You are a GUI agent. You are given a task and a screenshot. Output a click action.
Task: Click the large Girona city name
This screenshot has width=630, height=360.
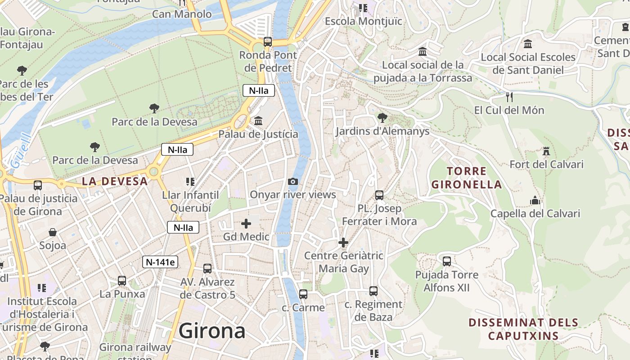point(212,331)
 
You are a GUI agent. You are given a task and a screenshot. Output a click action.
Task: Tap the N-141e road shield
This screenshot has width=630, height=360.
point(160,262)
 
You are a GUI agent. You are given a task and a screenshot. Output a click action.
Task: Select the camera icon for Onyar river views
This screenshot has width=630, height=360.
point(292,181)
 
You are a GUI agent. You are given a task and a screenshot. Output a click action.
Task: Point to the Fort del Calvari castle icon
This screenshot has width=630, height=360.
point(546,151)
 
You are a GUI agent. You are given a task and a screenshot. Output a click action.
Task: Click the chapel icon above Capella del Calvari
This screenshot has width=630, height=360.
point(535,200)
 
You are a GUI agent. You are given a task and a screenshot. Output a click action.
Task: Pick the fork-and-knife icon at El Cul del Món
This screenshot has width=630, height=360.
point(509,97)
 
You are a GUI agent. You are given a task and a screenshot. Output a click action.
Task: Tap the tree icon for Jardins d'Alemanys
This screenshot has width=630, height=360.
point(382,118)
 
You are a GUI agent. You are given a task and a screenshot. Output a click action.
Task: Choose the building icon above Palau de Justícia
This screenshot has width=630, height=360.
point(258,121)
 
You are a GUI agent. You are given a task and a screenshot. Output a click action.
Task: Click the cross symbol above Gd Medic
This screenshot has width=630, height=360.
point(246,223)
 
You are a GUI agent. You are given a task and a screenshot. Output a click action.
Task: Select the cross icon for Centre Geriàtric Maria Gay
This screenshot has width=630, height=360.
point(343,243)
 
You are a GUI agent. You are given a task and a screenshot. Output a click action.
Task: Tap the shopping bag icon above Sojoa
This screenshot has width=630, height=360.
point(53,232)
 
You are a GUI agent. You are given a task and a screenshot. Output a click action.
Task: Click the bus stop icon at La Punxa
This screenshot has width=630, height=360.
point(122,281)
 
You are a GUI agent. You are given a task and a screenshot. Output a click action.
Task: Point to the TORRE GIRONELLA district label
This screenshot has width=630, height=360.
point(466,178)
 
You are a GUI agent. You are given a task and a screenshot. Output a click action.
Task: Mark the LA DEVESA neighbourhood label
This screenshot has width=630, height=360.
point(115,181)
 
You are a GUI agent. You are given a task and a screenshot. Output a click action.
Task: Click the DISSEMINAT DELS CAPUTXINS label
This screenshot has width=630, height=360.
point(523,329)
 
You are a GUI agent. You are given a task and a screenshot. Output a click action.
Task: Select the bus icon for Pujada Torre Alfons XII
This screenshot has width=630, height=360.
point(447,261)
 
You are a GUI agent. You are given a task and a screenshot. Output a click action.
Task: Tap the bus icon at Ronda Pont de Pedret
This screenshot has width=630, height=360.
point(268,42)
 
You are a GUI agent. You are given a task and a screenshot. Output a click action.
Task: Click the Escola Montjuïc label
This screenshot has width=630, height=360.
point(363,21)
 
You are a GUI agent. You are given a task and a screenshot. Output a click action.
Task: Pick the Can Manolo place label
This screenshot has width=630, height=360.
point(182,14)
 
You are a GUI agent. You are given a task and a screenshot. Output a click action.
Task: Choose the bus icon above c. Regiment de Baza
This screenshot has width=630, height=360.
point(373,291)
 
